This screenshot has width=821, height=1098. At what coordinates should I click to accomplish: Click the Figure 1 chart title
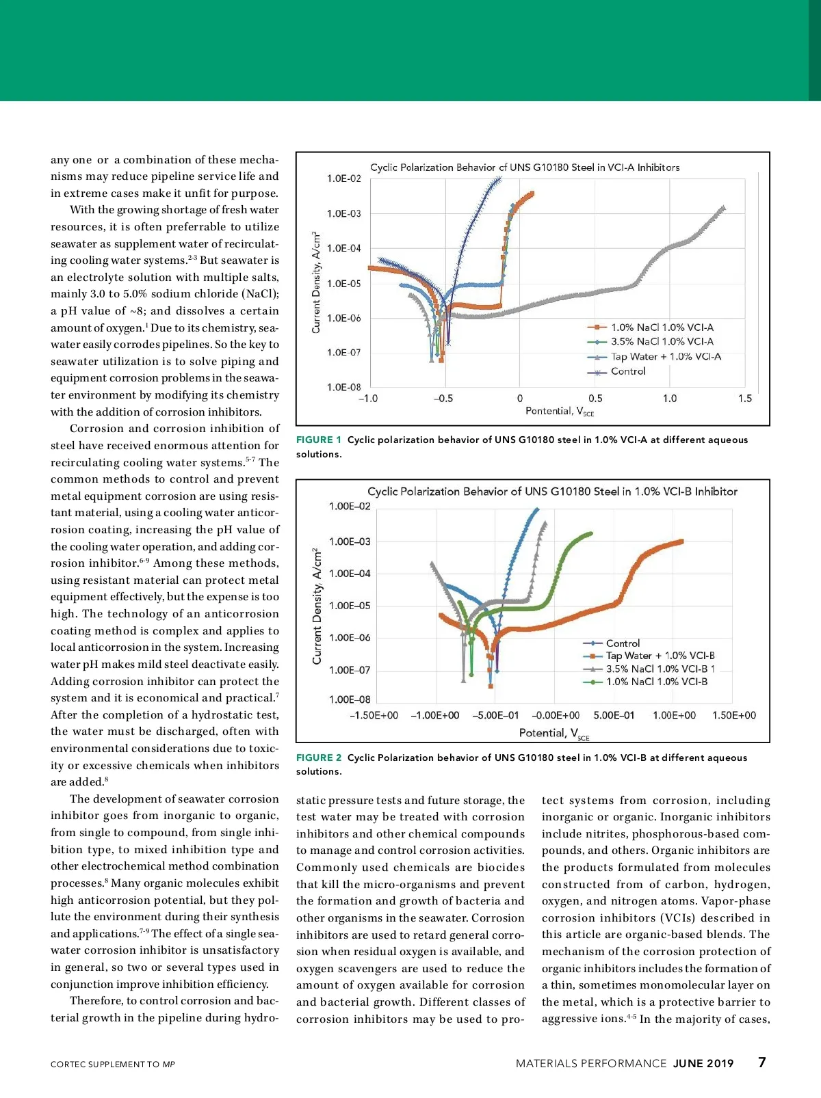point(525,168)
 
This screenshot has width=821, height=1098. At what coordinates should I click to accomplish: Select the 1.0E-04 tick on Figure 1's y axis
point(343,248)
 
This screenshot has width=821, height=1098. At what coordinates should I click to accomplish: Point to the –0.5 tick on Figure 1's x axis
point(443,399)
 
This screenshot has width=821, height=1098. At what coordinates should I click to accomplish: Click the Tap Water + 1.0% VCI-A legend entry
point(665,356)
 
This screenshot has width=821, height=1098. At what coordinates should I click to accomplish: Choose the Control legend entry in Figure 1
point(627,371)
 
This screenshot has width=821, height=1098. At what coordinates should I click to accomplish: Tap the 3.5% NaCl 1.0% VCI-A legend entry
point(662,341)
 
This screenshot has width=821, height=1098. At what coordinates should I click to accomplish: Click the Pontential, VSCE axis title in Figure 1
point(560,412)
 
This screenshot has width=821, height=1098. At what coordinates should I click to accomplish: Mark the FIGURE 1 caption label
point(318,440)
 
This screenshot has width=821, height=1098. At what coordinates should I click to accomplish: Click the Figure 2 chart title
point(552,492)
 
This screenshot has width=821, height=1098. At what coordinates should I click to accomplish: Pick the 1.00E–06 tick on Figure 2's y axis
point(350,638)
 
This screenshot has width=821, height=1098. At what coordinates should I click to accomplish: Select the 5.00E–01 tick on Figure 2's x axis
point(614,715)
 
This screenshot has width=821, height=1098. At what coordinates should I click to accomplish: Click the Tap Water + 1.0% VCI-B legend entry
point(660,656)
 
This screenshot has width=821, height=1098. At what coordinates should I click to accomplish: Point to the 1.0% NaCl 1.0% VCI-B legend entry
point(656,682)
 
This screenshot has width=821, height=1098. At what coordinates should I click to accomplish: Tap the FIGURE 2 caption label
point(318,758)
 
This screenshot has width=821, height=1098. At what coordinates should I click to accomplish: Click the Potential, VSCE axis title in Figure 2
point(553,734)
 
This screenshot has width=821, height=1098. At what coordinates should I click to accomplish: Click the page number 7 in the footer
point(762,1062)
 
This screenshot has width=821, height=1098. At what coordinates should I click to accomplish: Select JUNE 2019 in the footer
point(703,1063)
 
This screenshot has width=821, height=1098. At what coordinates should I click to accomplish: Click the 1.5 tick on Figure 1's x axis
point(744,399)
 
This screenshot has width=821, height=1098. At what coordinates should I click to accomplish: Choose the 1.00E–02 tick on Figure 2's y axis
point(350,507)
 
